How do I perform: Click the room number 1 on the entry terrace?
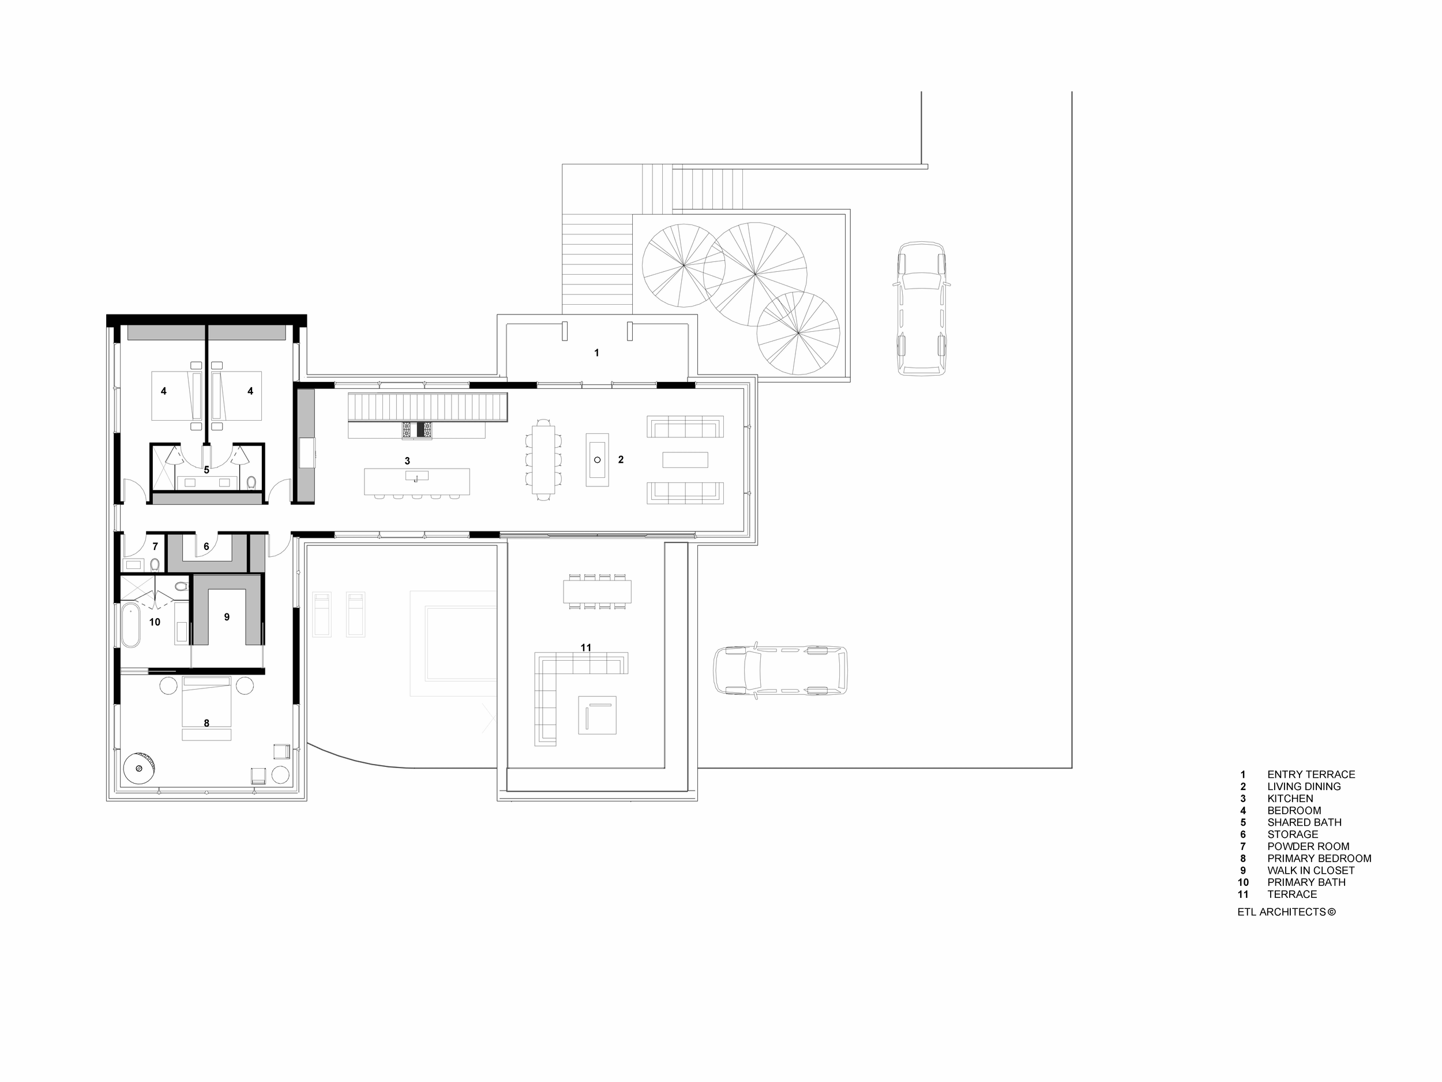(x=596, y=353)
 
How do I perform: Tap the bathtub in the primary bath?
(x=130, y=625)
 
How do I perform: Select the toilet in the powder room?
(x=155, y=563)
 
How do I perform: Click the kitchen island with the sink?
(x=416, y=481)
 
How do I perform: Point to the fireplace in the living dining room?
(x=597, y=460)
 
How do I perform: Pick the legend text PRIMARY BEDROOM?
(x=1319, y=858)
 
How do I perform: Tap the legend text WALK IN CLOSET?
(x=1310, y=870)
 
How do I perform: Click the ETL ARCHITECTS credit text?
(x=1286, y=912)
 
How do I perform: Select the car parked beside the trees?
(x=921, y=309)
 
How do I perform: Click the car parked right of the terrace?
(x=780, y=671)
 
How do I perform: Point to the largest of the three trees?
(x=755, y=275)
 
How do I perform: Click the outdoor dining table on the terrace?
(x=597, y=592)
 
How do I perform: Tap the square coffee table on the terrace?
(x=597, y=715)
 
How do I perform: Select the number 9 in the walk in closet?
(x=227, y=617)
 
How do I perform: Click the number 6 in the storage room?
(x=206, y=546)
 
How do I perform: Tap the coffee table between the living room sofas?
(x=685, y=460)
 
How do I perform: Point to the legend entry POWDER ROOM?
(x=1308, y=847)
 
